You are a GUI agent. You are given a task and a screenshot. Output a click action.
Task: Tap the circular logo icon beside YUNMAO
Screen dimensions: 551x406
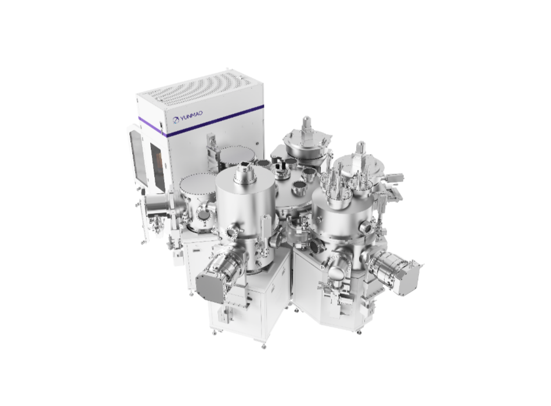tap(175, 121)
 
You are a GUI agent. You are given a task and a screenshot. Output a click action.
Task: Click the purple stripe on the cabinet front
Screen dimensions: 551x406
tap(200, 120)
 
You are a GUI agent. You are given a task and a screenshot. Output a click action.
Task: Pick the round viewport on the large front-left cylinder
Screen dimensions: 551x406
tap(231, 233)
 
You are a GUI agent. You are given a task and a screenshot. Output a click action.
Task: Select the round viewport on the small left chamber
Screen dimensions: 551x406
tap(203, 215)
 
